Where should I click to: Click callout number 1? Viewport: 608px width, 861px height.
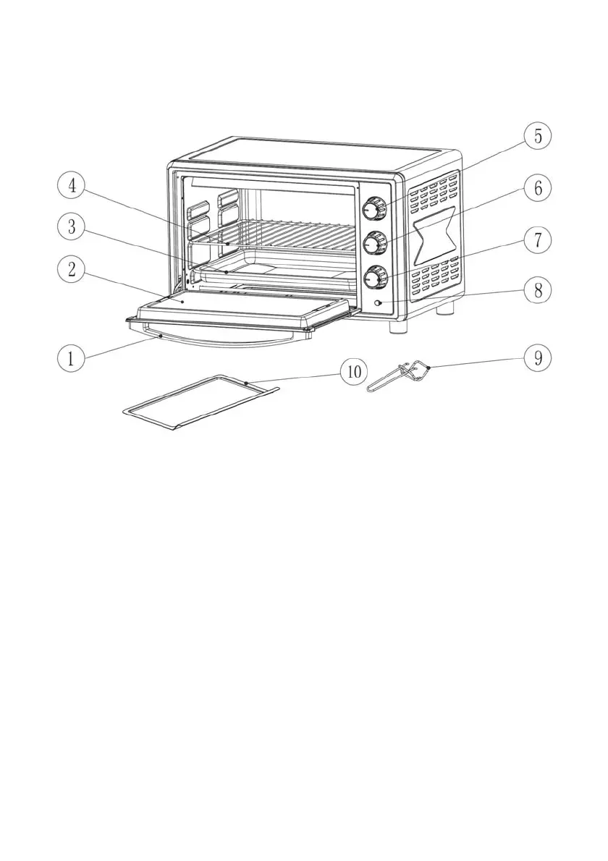pyautogui.click(x=71, y=358)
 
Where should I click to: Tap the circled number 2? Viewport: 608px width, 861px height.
pyautogui.click(x=71, y=271)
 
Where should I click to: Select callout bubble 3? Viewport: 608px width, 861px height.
pyautogui.click(x=71, y=227)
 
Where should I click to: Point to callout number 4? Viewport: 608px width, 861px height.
pyautogui.click(x=71, y=186)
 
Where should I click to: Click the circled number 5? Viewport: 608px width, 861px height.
pyautogui.click(x=538, y=136)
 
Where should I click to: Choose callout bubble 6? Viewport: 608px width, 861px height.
pyautogui.click(x=538, y=188)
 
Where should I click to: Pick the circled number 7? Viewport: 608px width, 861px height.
pyautogui.click(x=538, y=239)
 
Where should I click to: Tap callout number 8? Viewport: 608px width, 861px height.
pyautogui.click(x=538, y=291)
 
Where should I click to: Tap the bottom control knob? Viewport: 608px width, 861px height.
pyautogui.click(x=374, y=277)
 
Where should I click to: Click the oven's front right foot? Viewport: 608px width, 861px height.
pyautogui.click(x=397, y=326)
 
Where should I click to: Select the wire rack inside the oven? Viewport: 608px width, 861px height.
pyautogui.click(x=290, y=234)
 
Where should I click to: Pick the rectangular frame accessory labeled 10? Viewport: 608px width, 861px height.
pyautogui.click(x=195, y=402)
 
